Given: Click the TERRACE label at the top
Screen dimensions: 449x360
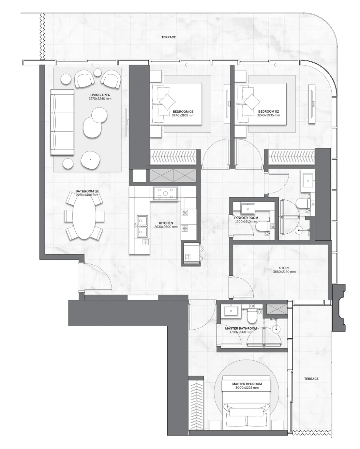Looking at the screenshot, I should click(x=168, y=37).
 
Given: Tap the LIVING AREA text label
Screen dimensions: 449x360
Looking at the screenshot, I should click(x=100, y=95).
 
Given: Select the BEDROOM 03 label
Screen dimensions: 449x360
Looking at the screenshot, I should click(x=183, y=112).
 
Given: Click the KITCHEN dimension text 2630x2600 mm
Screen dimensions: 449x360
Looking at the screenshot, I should click(x=166, y=227).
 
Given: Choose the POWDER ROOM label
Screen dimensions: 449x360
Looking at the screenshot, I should click(x=246, y=218).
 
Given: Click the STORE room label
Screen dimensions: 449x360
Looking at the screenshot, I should click(x=284, y=268).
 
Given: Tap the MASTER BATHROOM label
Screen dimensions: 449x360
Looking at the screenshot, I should click(x=241, y=329).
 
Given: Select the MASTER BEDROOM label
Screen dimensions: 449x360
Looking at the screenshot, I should click(x=247, y=384).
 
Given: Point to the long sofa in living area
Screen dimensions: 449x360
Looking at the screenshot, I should click(x=62, y=122).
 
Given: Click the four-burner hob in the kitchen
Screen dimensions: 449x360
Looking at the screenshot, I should click(x=165, y=193).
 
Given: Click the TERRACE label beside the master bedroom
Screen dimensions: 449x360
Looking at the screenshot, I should click(x=311, y=379).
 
